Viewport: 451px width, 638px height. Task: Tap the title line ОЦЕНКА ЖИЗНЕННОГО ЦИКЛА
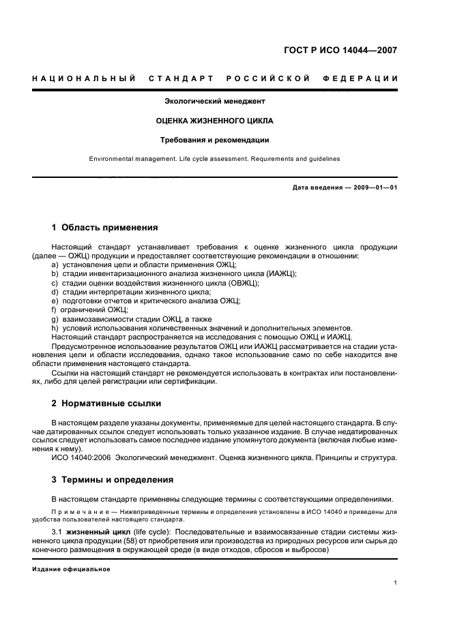coord(215,121)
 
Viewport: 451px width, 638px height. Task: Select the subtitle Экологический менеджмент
coord(215,101)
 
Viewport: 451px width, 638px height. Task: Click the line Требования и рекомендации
coord(215,140)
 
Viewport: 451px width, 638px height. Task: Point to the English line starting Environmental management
coord(215,159)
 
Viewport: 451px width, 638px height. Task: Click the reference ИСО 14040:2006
coord(75,457)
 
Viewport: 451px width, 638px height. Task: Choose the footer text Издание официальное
coord(71,568)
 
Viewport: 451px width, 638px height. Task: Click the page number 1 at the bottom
coord(396,583)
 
